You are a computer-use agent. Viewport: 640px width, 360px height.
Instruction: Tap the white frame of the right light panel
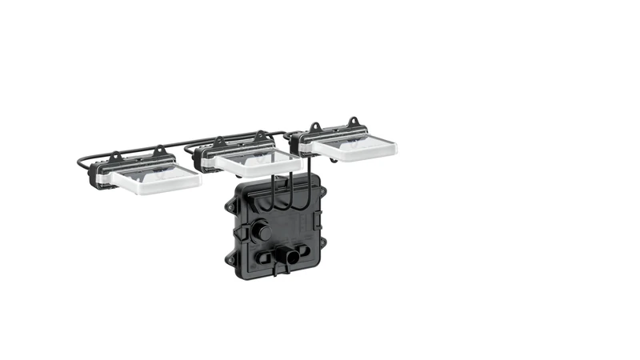click(355, 153)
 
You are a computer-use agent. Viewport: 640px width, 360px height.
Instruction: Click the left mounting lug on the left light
click(115, 156)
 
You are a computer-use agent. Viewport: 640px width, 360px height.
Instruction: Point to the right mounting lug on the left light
click(158, 150)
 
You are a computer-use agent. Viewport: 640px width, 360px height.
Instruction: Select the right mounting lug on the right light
click(354, 121)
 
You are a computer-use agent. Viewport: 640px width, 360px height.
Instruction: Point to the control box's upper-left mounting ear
click(230, 206)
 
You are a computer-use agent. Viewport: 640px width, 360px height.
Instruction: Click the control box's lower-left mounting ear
click(231, 258)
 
